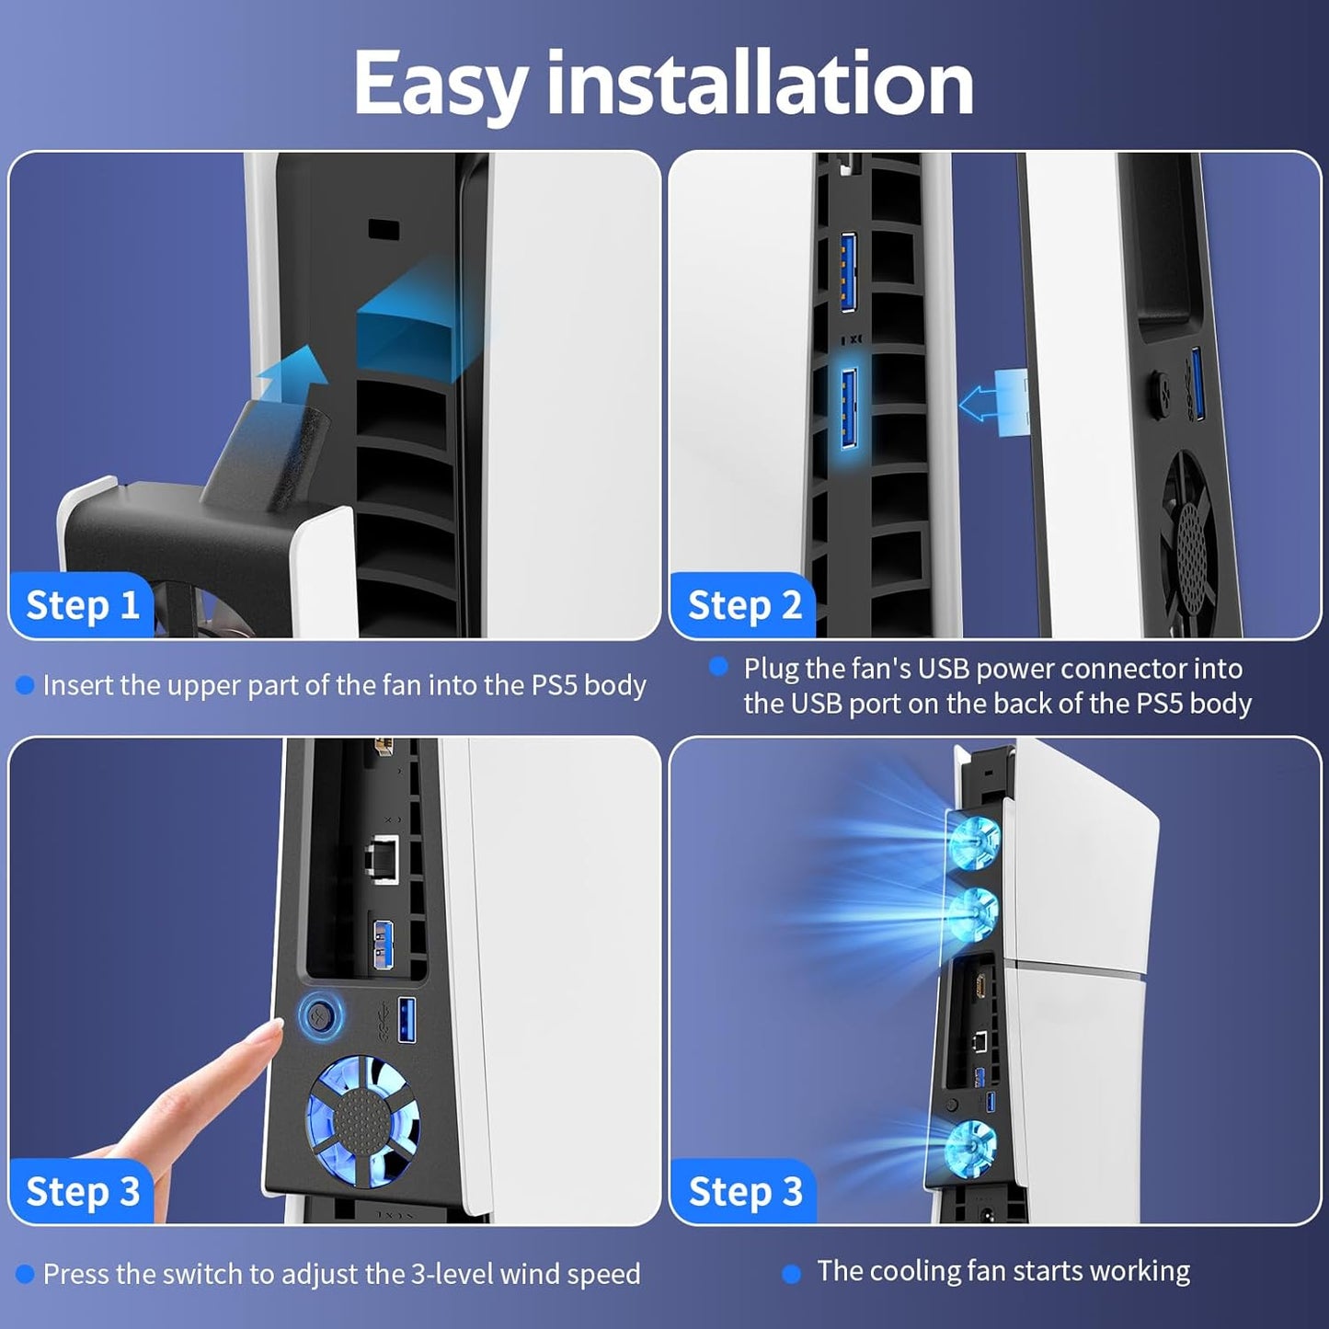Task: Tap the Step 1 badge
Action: point(82,605)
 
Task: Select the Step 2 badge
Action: point(743,605)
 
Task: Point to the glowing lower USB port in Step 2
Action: point(850,409)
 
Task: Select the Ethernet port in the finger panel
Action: point(381,859)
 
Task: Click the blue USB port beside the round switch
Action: point(407,1020)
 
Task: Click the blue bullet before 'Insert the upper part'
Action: point(25,685)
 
